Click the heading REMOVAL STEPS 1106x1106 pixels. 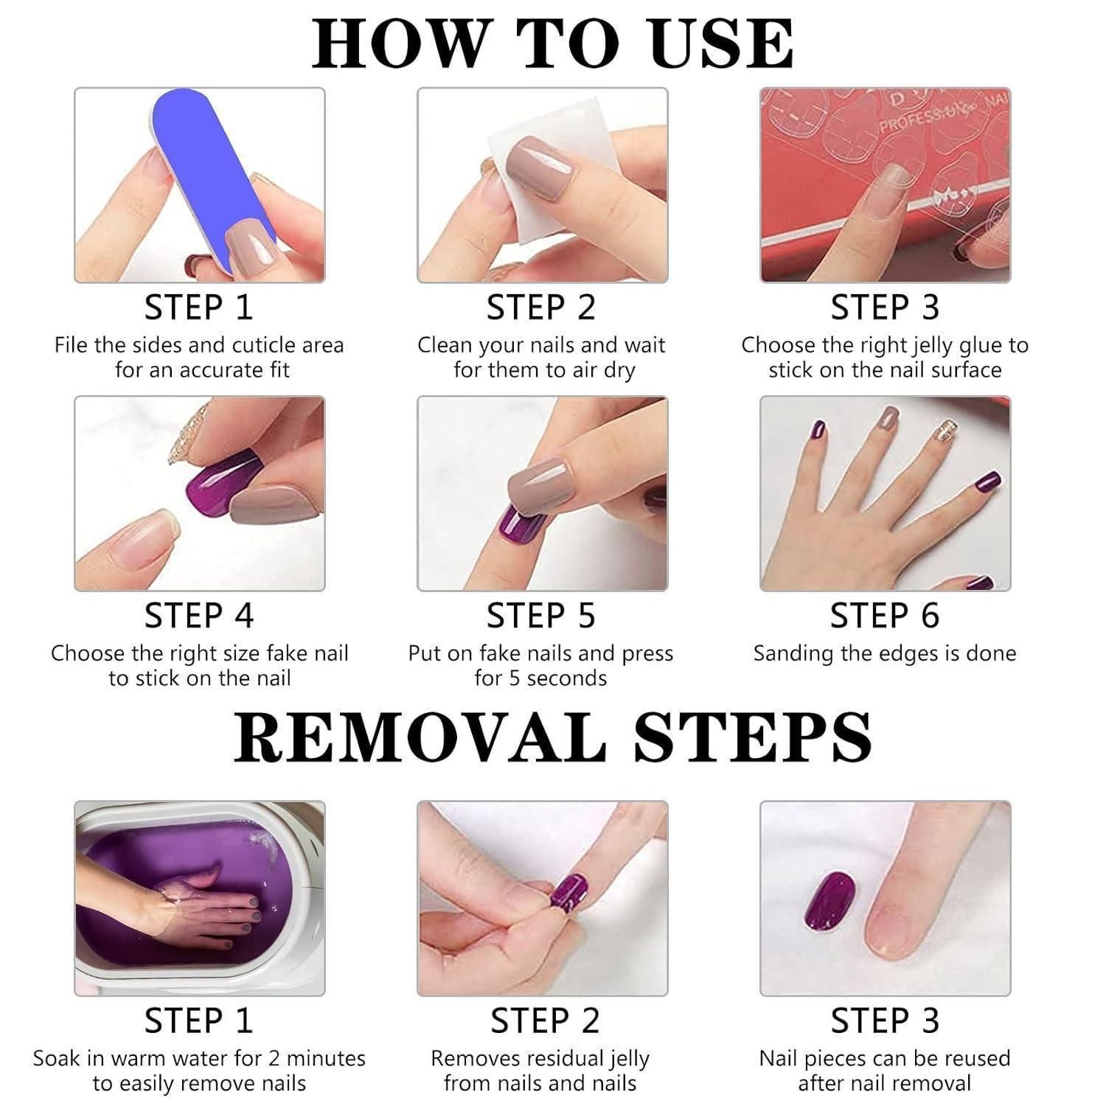553,737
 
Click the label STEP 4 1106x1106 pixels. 198,616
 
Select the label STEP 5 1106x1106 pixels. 540,616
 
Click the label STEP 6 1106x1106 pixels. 885,616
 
